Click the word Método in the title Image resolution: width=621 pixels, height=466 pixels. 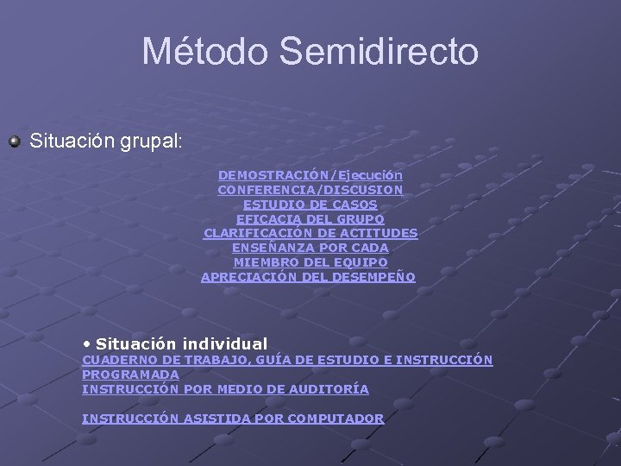[202, 51]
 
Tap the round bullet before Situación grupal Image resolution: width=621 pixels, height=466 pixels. [14, 140]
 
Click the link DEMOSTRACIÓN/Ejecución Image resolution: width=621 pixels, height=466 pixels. [310, 174]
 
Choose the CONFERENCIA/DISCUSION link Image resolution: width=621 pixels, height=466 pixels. [310, 189]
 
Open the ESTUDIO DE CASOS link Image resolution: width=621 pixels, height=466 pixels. [310, 204]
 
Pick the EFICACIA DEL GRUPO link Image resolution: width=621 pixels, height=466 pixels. [310, 218]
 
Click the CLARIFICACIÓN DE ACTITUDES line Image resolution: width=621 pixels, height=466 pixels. [310, 233]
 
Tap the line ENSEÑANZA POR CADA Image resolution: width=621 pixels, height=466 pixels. [310, 248]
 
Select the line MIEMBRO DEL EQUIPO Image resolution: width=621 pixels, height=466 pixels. [310, 262]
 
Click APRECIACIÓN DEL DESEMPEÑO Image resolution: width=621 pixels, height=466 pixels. [308, 277]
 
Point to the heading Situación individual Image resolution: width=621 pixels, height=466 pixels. [182, 343]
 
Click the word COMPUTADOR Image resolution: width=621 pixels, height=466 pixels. [336, 419]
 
